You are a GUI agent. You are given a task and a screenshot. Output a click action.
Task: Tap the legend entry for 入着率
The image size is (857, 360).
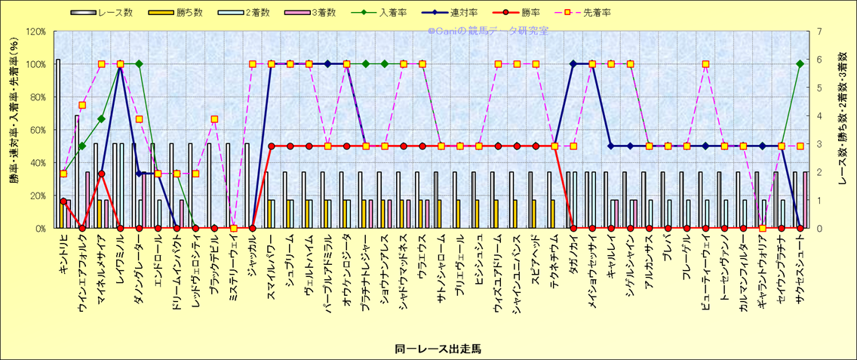pos(392,12)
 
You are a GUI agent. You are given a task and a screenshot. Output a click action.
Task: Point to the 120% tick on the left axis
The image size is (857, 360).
pos(35,32)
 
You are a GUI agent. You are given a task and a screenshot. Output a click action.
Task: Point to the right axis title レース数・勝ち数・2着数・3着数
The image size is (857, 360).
pos(843,129)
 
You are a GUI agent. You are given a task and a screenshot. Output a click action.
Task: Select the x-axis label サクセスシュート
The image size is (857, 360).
pos(800,263)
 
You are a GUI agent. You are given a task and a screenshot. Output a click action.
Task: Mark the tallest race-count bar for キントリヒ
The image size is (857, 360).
pos(58,143)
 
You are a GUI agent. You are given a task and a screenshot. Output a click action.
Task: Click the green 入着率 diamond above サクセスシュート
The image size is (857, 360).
pos(800,64)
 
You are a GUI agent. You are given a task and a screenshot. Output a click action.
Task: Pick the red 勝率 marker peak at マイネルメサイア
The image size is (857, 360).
pos(101,174)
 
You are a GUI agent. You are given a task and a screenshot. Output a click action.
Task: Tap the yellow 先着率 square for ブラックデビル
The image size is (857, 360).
pos(214,119)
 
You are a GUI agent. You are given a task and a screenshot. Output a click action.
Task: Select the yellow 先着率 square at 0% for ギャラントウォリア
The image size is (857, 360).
pos(763,228)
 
